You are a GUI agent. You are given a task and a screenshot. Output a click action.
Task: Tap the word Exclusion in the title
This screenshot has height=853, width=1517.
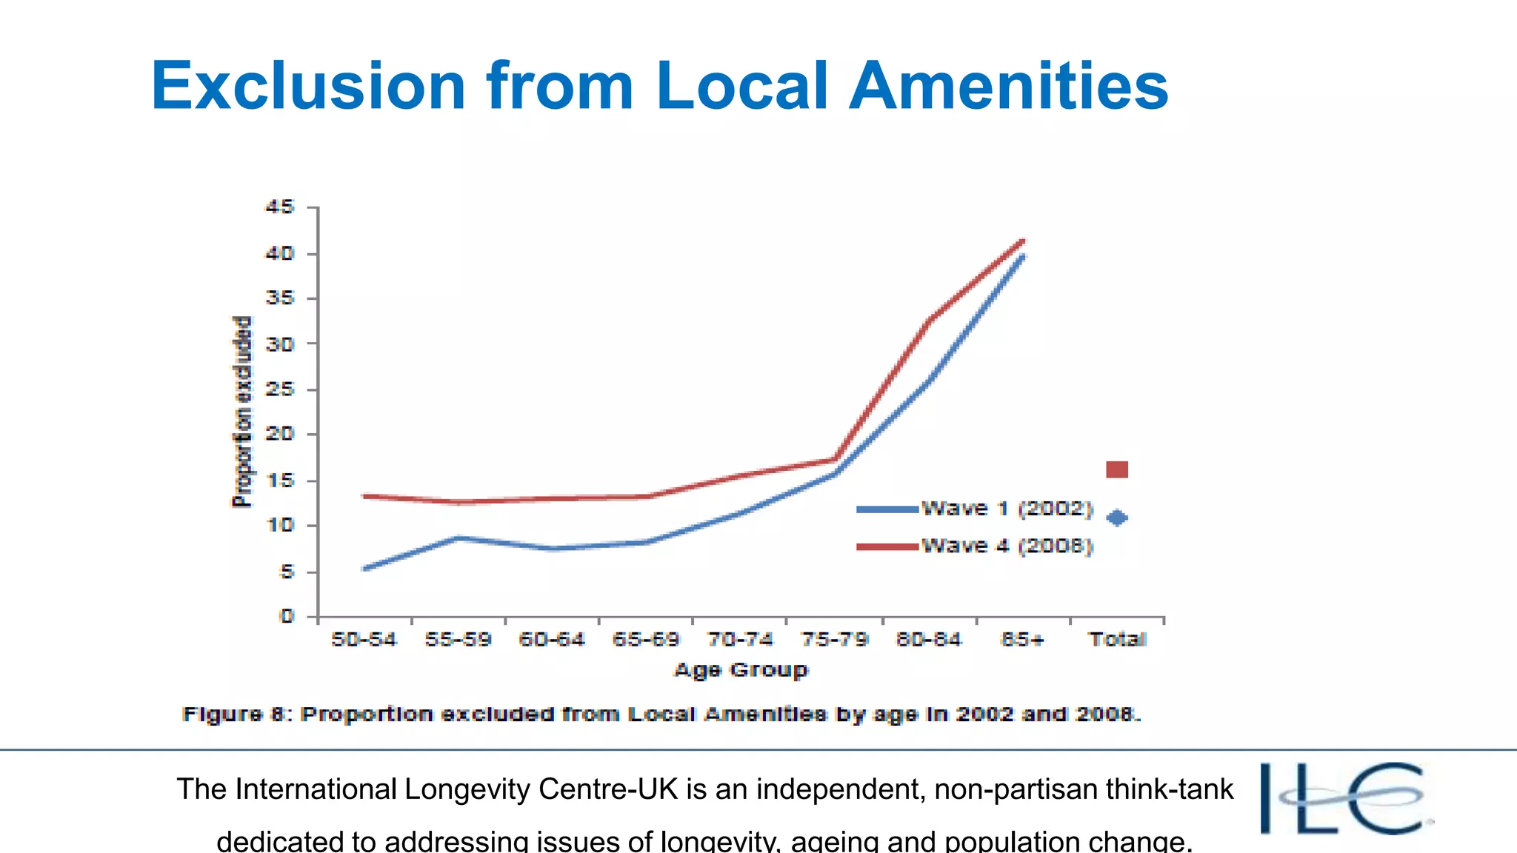pyautogui.click(x=308, y=86)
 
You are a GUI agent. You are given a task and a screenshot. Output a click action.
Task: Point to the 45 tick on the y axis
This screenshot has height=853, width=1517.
pyautogui.click(x=280, y=207)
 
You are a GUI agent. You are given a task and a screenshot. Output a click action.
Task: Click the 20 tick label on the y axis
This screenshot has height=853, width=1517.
pyautogui.click(x=280, y=434)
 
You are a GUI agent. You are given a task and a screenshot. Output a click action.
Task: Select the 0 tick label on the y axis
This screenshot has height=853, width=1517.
pyautogui.click(x=287, y=616)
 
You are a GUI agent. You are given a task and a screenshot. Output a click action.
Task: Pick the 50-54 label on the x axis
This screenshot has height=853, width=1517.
pyautogui.click(x=364, y=639)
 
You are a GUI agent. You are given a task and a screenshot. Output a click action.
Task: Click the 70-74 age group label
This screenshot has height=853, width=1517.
pyautogui.click(x=740, y=639)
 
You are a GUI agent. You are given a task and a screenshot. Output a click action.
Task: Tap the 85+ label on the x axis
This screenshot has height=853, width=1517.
pyautogui.click(x=1022, y=639)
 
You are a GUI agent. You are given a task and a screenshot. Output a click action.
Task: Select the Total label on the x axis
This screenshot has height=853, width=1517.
pyautogui.click(x=1117, y=639)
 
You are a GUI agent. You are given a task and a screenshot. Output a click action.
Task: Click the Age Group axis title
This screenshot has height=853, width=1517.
pyautogui.click(x=741, y=670)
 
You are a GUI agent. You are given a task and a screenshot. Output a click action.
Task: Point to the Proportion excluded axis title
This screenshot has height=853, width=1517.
pyautogui.click(x=242, y=412)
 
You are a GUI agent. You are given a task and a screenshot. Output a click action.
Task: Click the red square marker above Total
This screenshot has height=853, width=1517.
pyautogui.click(x=1117, y=469)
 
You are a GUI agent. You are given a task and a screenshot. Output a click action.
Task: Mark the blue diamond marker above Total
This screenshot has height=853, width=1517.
pyautogui.click(x=1117, y=518)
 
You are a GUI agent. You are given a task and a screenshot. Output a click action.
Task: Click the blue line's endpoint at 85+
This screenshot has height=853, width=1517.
pyautogui.click(x=1023, y=256)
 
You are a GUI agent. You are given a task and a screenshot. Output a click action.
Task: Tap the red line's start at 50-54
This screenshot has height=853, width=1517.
pyautogui.click(x=364, y=495)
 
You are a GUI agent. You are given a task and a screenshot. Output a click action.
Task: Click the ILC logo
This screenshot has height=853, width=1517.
pyautogui.click(x=1344, y=798)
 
